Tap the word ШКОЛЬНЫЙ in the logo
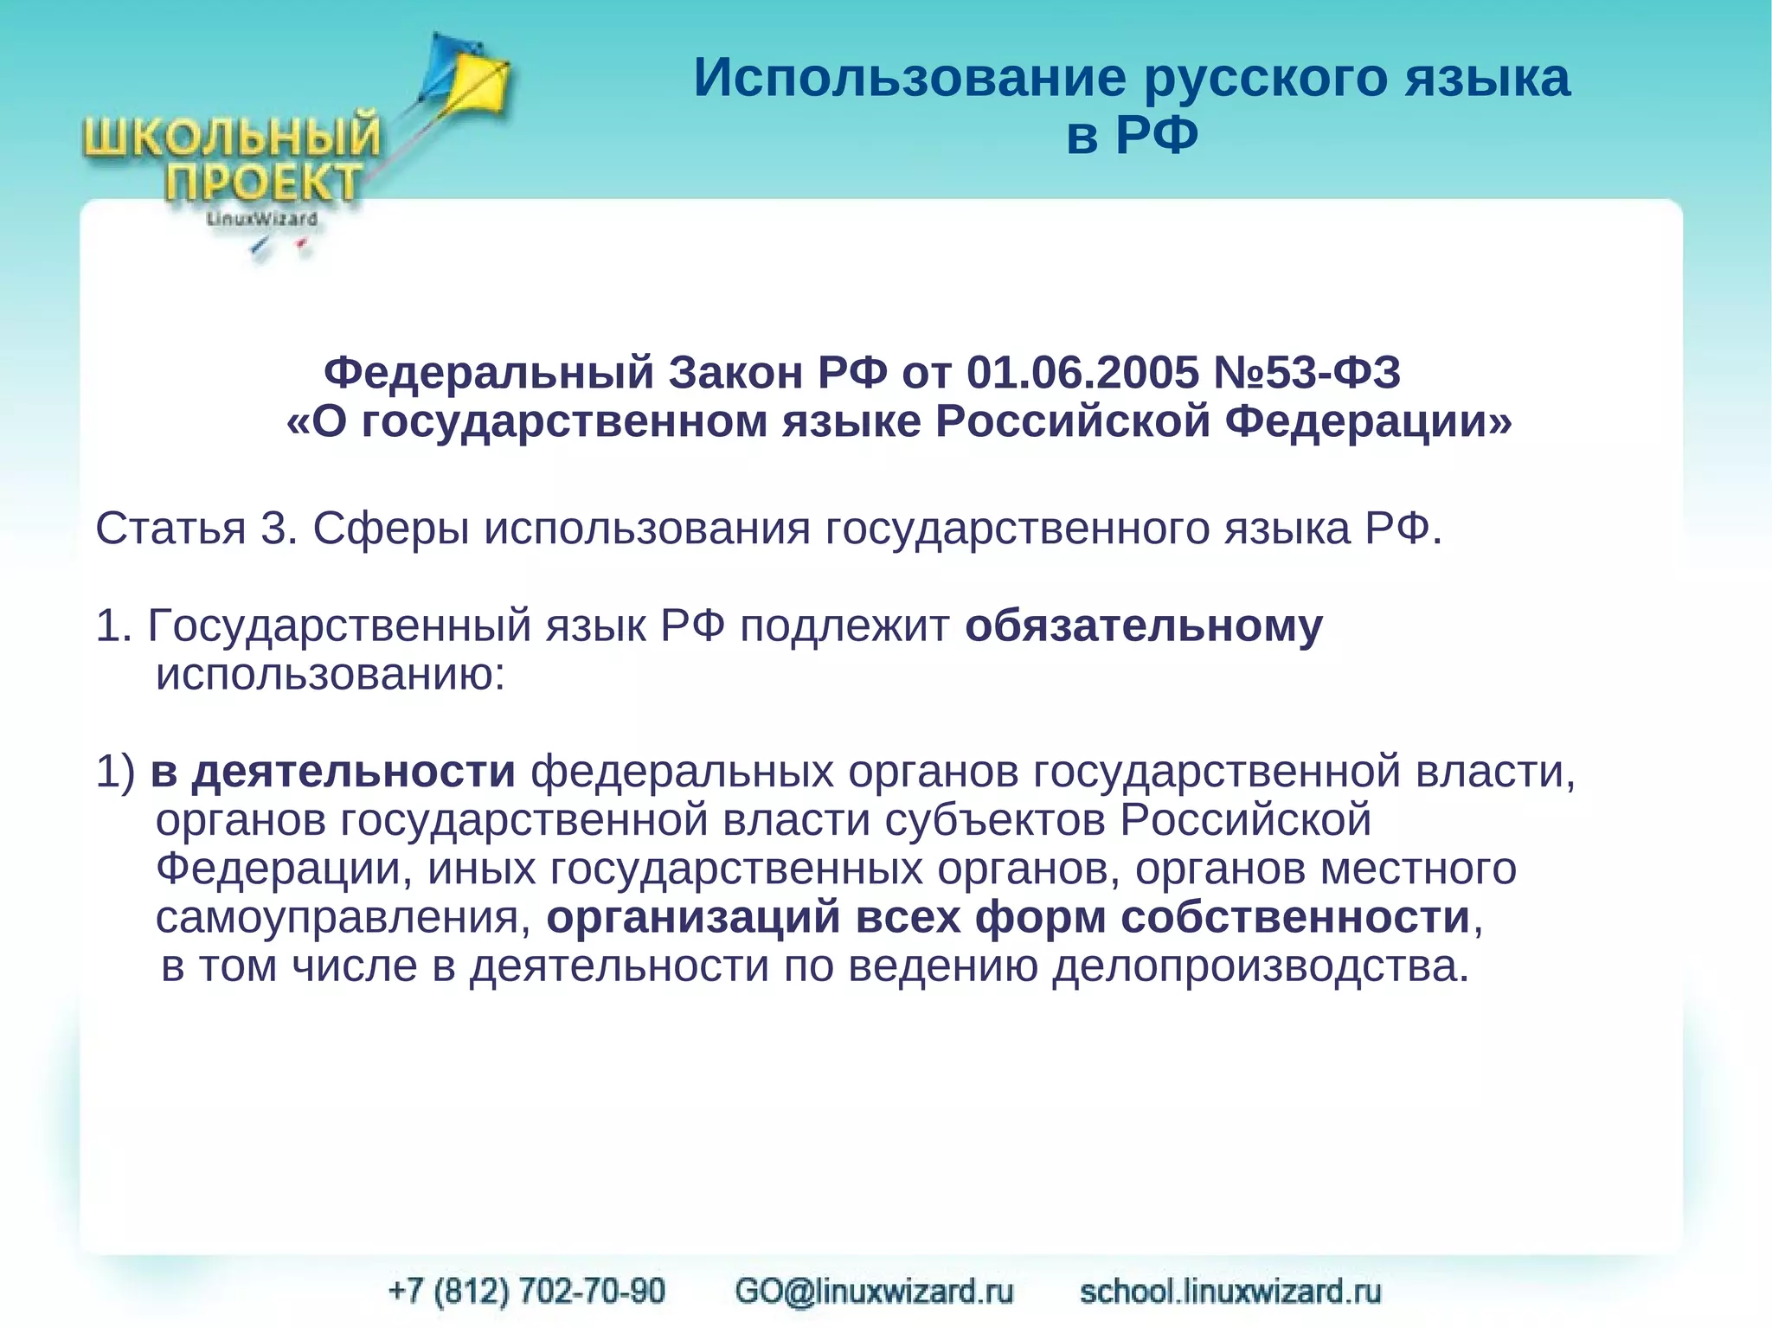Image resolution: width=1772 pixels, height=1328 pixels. click(232, 138)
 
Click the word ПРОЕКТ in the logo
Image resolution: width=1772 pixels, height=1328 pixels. click(263, 183)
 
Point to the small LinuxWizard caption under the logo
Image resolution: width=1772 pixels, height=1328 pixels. click(261, 219)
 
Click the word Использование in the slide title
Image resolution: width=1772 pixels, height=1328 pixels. click(909, 78)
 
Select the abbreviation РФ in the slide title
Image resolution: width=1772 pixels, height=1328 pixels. click(1157, 135)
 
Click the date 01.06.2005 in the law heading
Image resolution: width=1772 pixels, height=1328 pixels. click(1082, 373)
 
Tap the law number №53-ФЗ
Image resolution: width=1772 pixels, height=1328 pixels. click(1307, 373)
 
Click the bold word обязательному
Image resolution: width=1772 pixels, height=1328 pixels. click(1143, 626)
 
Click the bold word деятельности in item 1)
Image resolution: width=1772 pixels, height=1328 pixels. click(354, 771)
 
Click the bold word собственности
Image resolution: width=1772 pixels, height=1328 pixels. click(1295, 917)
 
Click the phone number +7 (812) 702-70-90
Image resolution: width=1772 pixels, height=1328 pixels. click(527, 1291)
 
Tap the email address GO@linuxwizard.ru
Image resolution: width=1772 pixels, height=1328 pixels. click(874, 1291)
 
